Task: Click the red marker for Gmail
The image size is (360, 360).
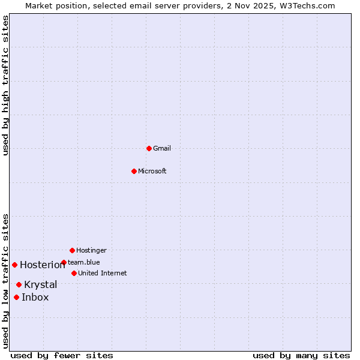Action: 149,148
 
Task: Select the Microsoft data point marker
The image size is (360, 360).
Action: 134,171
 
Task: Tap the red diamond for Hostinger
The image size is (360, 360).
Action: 72,250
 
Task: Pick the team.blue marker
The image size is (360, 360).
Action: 64,262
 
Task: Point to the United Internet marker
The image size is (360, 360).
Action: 74,273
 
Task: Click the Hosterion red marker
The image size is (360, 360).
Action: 14,265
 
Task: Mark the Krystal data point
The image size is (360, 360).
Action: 19,284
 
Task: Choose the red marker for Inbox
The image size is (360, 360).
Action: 16,297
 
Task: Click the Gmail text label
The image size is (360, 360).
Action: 162,148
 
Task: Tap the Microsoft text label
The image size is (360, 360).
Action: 152,171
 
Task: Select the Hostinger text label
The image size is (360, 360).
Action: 91,250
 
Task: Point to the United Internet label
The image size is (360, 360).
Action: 102,273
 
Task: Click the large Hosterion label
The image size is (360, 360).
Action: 43,265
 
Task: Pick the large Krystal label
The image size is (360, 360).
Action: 41,284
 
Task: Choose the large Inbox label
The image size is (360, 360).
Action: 35,297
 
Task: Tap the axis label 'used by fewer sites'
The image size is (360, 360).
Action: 62,355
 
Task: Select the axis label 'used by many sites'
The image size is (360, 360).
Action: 301,355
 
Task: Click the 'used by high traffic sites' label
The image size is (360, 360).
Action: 5,85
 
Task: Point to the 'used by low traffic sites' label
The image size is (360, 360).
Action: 5,280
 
